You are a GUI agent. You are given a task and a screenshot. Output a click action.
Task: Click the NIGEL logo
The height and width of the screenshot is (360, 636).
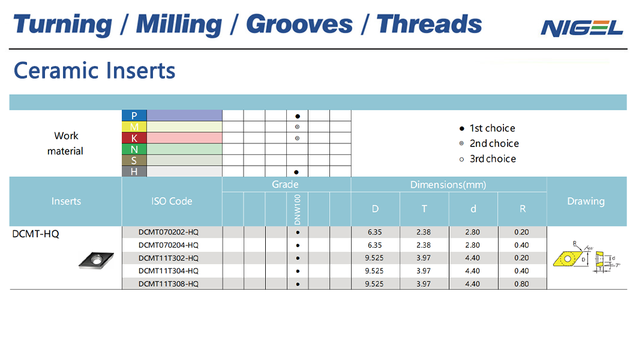pos(581,28)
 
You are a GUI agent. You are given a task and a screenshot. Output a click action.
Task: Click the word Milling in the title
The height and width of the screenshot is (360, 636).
pos(179,25)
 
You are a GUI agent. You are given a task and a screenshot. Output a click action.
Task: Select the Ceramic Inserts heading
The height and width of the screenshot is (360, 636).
pos(95,70)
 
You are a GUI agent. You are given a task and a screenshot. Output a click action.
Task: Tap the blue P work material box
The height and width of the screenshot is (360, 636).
pos(134,116)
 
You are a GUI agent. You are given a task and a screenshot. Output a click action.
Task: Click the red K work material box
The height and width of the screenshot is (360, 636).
pos(134,138)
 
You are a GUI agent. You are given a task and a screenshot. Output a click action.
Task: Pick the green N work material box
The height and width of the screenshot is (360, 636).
pos(134,149)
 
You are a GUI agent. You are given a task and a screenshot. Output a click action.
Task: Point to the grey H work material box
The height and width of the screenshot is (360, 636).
pos(134,172)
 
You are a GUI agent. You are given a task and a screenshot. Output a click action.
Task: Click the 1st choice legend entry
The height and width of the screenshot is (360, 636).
pos(487,128)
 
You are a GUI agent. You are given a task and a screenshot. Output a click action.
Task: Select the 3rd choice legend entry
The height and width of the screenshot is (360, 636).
pos(488,159)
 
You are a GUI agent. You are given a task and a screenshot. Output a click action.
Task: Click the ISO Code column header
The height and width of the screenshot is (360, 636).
pos(172,201)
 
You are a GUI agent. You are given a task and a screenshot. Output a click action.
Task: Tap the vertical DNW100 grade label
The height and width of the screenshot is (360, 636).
pos(298,209)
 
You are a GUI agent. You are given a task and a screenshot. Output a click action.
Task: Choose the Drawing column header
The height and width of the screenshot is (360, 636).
pos(586,202)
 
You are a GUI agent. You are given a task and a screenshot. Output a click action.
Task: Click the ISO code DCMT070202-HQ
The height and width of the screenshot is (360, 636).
pos(169,232)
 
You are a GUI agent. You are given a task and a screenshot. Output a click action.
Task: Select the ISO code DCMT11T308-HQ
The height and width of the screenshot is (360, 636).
pos(169,284)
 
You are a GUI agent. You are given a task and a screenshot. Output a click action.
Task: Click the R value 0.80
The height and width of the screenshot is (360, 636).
pos(521,284)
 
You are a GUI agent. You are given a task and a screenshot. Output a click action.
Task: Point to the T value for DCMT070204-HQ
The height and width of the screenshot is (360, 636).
pos(424,245)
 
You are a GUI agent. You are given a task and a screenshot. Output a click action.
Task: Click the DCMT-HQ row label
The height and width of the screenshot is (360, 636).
pos(35,234)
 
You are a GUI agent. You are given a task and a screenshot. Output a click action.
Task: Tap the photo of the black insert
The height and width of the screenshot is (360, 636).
pos(96,260)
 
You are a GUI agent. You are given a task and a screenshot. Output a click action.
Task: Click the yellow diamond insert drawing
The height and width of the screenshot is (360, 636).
pos(568,259)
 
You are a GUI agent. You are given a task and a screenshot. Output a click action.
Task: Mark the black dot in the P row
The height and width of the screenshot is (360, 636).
pos(298,116)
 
